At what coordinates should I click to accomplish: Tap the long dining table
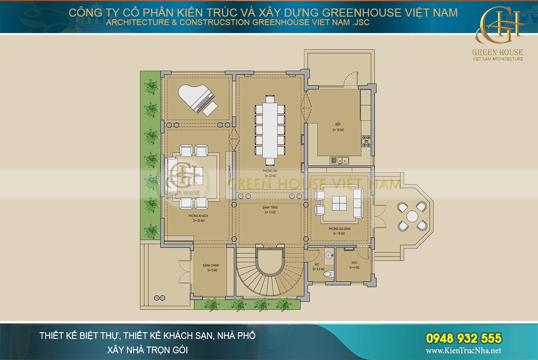coord(270,130)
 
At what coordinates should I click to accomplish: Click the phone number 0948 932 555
coord(463,338)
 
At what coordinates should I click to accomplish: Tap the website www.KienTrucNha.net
coord(463,351)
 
